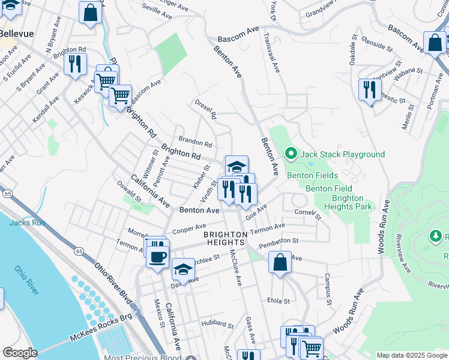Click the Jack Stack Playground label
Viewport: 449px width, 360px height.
[x=343, y=154]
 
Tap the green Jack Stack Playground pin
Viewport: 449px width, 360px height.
[x=292, y=154]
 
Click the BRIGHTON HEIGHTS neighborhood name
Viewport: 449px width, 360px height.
[x=224, y=238]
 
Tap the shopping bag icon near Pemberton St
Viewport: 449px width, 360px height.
[x=280, y=262]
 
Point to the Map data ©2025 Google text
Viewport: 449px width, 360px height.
[x=412, y=355]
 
